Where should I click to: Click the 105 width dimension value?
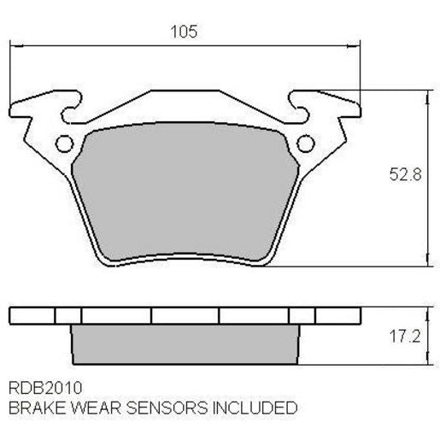[x=184, y=32]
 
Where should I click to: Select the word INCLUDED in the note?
[x=255, y=408]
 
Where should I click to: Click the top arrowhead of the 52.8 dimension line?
[x=425, y=96]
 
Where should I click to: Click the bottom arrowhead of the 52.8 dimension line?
[x=425, y=261]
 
